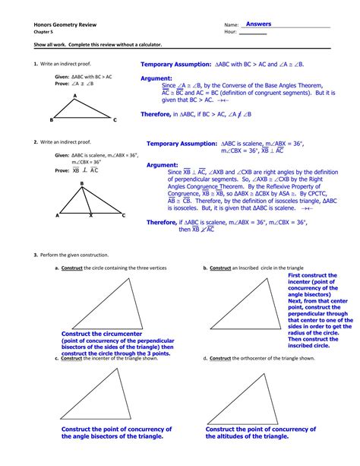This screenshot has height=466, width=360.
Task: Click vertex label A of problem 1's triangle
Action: [x=75, y=96]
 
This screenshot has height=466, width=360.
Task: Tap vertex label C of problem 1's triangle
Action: [x=115, y=120]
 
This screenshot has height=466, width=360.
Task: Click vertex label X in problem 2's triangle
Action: [x=91, y=216]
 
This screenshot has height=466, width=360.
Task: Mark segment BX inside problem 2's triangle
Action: [x=86, y=200]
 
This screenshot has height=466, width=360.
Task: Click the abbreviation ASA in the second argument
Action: [x=298, y=194]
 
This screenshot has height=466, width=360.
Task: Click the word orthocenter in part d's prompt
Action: [x=276, y=357]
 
